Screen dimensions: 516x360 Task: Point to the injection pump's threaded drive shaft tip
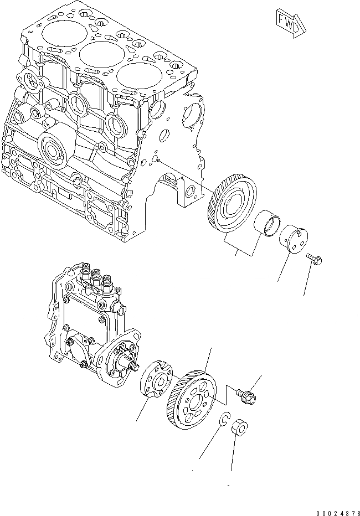(132, 365)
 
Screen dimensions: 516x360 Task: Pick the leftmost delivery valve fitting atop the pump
(86, 272)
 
